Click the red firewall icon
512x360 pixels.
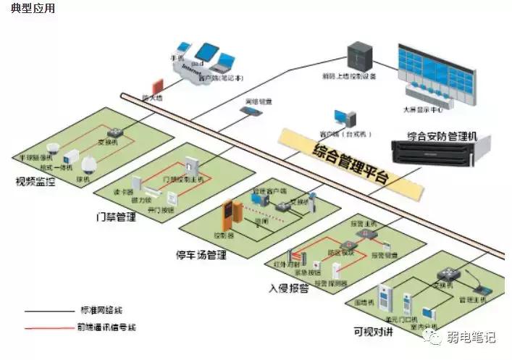click(156, 85)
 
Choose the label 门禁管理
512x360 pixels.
click(116, 217)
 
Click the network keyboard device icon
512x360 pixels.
click(249, 112)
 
